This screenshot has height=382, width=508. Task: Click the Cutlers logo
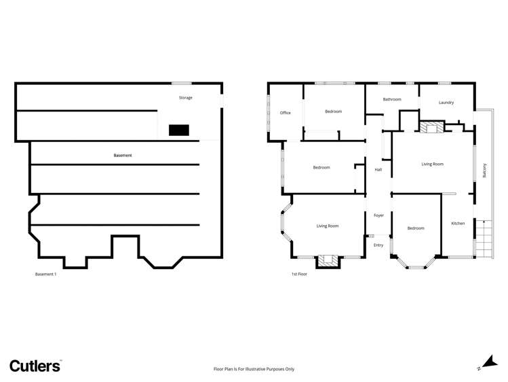35,366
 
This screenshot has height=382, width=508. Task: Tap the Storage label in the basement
186,98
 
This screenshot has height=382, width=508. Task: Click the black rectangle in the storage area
178,130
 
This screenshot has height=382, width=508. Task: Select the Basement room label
123,156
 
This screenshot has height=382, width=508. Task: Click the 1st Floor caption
300,275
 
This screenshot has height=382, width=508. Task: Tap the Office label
286,113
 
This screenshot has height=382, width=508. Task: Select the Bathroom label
392,99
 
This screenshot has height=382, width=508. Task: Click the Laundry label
446,103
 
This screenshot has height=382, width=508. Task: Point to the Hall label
378,170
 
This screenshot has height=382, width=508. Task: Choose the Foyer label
379,215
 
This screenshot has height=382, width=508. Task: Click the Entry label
378,245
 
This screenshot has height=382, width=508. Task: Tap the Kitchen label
458,223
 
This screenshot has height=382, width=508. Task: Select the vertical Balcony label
485,170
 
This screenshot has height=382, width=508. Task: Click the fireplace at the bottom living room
328,260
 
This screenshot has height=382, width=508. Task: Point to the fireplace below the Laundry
429,127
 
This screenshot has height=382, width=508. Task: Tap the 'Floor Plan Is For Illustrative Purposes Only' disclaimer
254,369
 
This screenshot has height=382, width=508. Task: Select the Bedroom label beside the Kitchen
416,228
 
